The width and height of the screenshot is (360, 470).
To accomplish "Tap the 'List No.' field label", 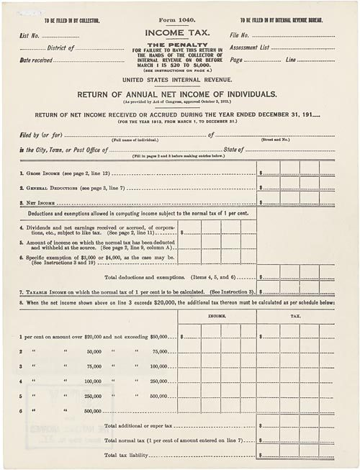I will pyautogui.click(x=30, y=35).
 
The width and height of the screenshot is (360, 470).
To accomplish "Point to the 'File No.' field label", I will pyautogui.click(x=240, y=35).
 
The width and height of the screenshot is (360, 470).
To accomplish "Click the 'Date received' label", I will pyautogui.click(x=36, y=60).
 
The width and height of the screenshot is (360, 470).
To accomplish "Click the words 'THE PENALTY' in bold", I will pyautogui.click(x=179, y=44).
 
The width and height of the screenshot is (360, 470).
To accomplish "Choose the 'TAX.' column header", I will pyautogui.click(x=295, y=315).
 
